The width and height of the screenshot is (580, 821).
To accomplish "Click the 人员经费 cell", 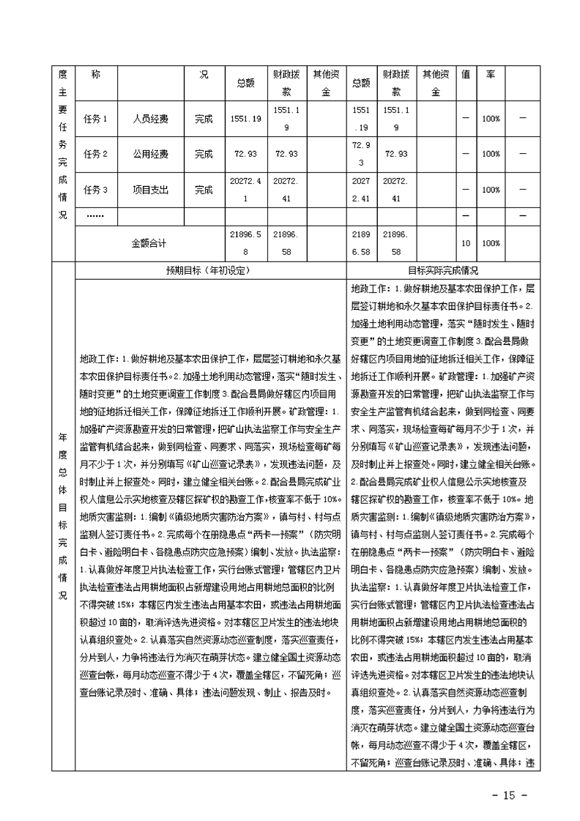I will [x=150, y=119].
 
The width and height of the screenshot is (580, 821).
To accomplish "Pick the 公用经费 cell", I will [x=150, y=155].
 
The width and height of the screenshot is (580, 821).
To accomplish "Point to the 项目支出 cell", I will [x=150, y=190].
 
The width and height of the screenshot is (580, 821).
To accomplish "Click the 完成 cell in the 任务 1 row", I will [x=204, y=119].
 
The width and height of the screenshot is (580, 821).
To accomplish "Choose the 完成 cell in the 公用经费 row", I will [x=204, y=155].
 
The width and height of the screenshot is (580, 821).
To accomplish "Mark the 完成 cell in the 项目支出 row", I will [x=204, y=190].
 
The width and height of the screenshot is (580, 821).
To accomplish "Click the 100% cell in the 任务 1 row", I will [x=491, y=119].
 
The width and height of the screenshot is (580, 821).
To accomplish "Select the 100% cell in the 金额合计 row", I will [x=491, y=243].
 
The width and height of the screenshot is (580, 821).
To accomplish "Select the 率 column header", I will [x=491, y=75].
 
